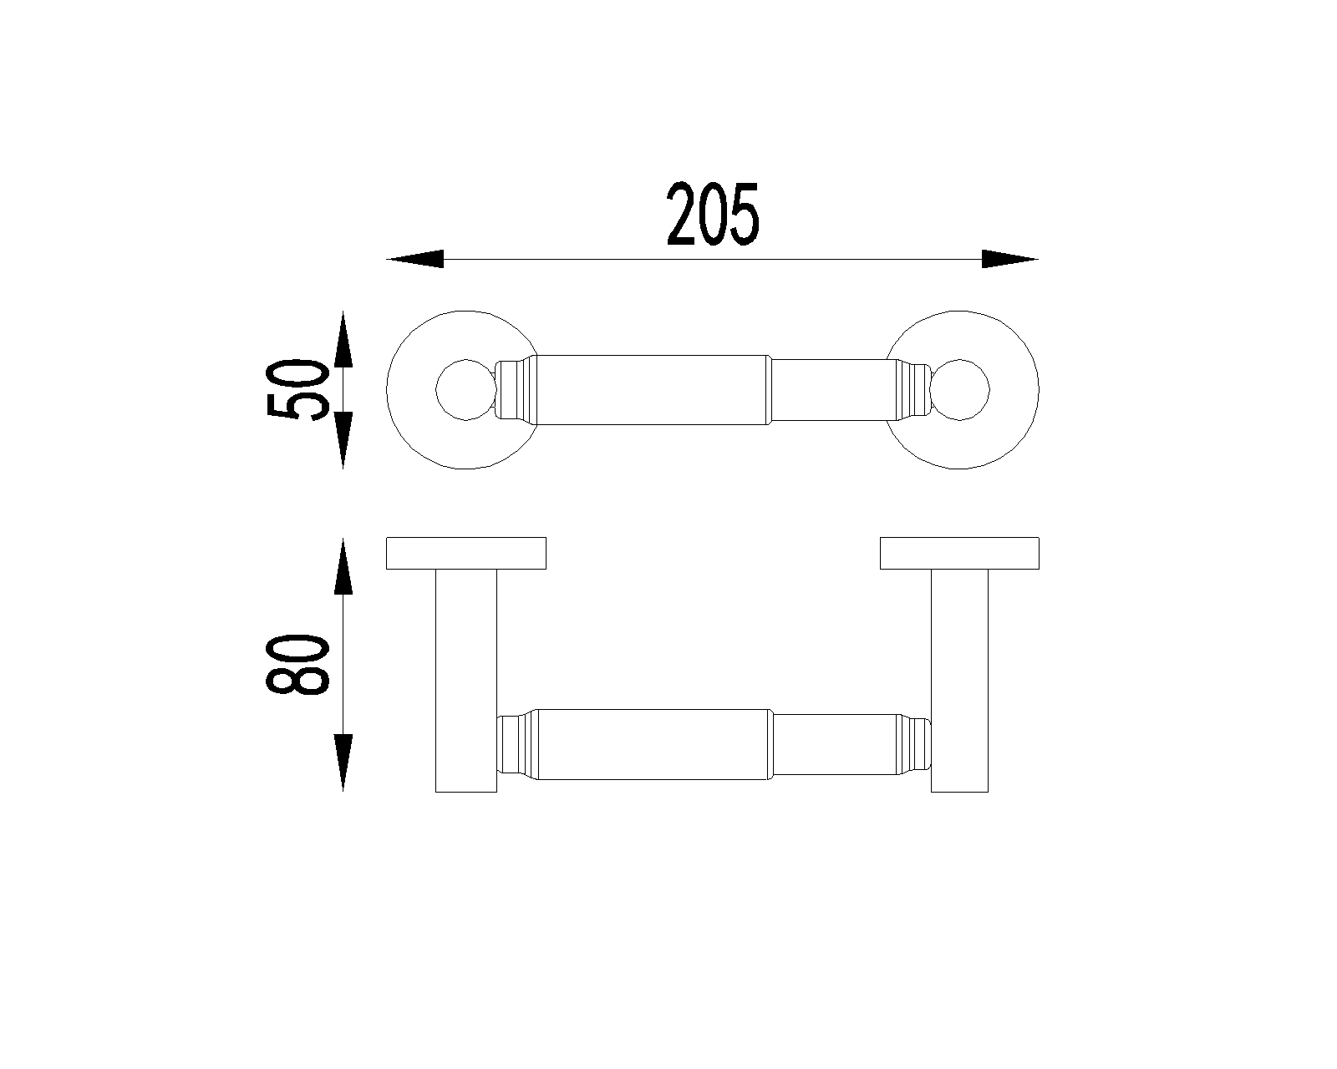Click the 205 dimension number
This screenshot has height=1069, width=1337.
click(x=713, y=214)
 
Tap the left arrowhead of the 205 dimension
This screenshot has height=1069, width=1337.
click(x=415, y=259)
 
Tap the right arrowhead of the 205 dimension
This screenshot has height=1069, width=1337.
click(x=1009, y=259)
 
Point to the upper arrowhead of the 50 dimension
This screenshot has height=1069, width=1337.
click(x=343, y=339)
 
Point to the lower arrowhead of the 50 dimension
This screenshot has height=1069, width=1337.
click(x=343, y=440)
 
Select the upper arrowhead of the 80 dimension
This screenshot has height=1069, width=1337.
click(x=343, y=566)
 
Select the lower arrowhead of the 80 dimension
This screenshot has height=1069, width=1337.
click(x=343, y=762)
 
